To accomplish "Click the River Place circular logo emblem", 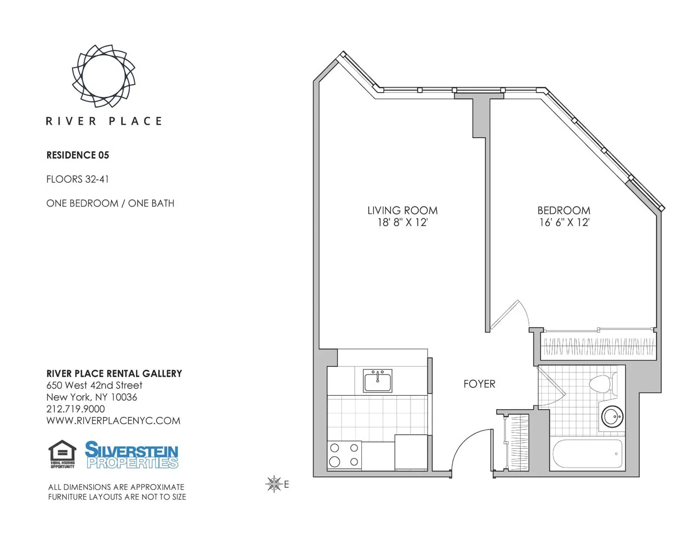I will point(103,76).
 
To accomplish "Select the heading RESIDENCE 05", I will point(77,155).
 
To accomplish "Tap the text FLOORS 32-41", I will point(77,179).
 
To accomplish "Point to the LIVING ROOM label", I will point(402,210).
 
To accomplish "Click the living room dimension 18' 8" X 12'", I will point(402,222).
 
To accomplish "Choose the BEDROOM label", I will point(564,210).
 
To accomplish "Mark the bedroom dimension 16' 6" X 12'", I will point(564,222).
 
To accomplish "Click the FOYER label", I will point(479,384).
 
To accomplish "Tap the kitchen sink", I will point(378,381).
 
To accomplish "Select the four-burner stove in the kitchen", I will point(344,455).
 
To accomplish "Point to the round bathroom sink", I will point(613,417).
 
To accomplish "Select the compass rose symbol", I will point(274,484).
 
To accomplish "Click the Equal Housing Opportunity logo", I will point(62,454).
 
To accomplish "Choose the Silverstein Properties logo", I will point(132,454).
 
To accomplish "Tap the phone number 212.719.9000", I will point(76,409).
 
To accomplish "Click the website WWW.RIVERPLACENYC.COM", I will point(113,421).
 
